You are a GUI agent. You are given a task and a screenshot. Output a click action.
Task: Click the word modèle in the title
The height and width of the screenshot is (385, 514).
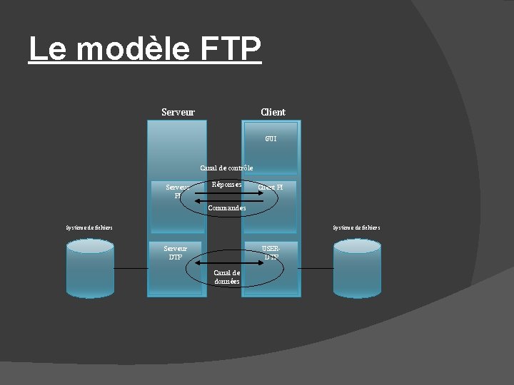point(133,49)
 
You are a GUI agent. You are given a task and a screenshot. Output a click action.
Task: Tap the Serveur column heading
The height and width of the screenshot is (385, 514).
point(178,112)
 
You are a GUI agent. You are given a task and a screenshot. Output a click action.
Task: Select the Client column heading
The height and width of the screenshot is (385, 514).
point(273,112)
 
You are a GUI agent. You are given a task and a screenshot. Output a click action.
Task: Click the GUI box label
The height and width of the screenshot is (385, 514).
point(271,138)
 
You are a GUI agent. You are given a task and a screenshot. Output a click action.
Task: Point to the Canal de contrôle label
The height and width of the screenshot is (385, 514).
point(226,168)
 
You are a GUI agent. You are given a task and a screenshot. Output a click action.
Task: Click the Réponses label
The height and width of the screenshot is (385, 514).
point(226,185)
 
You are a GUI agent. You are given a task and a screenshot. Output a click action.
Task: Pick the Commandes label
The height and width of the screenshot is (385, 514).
point(226,208)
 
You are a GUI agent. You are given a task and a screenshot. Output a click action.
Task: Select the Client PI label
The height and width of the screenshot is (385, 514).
point(271,188)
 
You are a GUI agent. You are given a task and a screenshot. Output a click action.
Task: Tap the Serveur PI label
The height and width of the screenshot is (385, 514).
point(177,191)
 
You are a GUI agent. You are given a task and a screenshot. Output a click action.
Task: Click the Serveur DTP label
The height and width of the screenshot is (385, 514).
point(175,252)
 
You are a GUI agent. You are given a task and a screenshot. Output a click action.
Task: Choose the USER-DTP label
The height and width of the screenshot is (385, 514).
point(271,252)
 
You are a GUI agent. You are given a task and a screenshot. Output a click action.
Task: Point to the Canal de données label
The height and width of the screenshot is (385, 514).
point(227,277)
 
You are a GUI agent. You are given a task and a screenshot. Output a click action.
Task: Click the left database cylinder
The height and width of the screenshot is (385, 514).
point(89,269)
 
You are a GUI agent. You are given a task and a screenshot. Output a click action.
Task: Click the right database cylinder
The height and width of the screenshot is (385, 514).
point(357,269)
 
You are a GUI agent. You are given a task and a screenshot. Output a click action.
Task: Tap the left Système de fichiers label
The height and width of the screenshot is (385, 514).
point(89,228)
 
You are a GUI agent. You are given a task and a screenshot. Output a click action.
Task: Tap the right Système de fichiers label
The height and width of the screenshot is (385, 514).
point(356,228)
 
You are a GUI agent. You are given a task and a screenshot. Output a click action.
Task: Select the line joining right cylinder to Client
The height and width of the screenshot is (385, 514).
point(317,268)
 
